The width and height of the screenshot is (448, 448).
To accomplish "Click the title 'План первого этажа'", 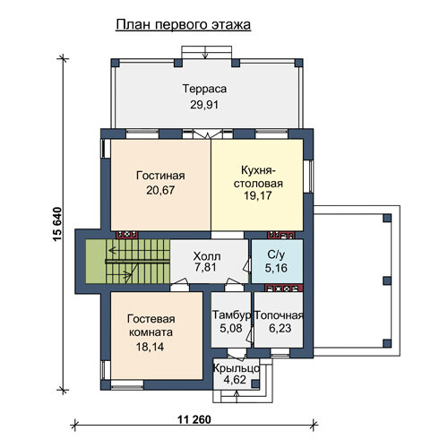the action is (183, 25).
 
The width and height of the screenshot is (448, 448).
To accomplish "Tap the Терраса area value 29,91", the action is (204, 105).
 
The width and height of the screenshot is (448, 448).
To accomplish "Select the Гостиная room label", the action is (160, 176).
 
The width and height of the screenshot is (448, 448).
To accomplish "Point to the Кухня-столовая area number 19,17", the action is (258, 195).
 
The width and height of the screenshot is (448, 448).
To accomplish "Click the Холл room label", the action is (207, 256).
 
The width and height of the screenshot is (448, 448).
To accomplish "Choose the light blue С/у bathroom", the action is (277, 262).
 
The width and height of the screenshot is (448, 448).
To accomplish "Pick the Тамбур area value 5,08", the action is (231, 328).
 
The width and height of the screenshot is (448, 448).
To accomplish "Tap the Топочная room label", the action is (280, 315).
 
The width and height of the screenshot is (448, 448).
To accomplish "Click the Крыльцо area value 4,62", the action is (235, 380).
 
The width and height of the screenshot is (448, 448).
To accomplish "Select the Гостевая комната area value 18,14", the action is (150, 347).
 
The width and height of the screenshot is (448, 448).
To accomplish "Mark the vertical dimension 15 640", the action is (57, 224).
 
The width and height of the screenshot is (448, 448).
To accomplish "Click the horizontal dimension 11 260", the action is (194, 419).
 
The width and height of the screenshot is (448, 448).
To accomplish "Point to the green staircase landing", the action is (96, 262).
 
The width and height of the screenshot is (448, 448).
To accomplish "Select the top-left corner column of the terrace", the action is (115, 63).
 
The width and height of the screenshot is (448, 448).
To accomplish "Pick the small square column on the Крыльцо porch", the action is (254, 384).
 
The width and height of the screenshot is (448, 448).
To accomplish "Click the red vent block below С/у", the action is (284, 289).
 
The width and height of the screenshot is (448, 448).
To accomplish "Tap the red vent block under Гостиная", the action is (127, 235).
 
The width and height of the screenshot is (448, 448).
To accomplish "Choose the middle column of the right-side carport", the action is (387, 280).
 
